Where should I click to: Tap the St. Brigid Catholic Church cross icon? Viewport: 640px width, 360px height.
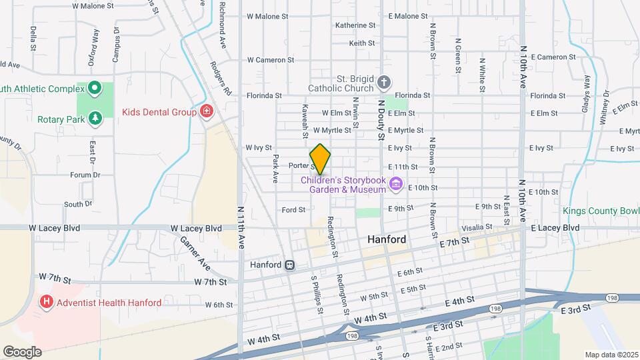coord(383,83)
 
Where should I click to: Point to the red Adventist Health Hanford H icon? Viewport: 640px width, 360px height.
coord(47,302)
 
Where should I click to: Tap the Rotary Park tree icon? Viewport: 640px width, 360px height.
coord(95,118)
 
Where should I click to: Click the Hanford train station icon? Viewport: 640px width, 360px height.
coord(289,265)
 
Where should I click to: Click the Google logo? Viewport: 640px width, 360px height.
coord(22,351)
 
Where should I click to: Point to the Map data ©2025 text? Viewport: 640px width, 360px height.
coord(610,354)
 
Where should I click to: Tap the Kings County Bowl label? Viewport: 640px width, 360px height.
coord(600,211)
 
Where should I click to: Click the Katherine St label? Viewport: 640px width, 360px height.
coord(355,25)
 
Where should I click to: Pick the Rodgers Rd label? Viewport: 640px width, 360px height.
coord(220,79)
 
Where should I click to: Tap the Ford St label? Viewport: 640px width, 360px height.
coord(293,209)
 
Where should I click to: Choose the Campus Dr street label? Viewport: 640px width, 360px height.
coord(116,45)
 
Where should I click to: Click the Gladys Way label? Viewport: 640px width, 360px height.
coord(587,91)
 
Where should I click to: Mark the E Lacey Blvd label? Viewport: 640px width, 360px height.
coord(555,227)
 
